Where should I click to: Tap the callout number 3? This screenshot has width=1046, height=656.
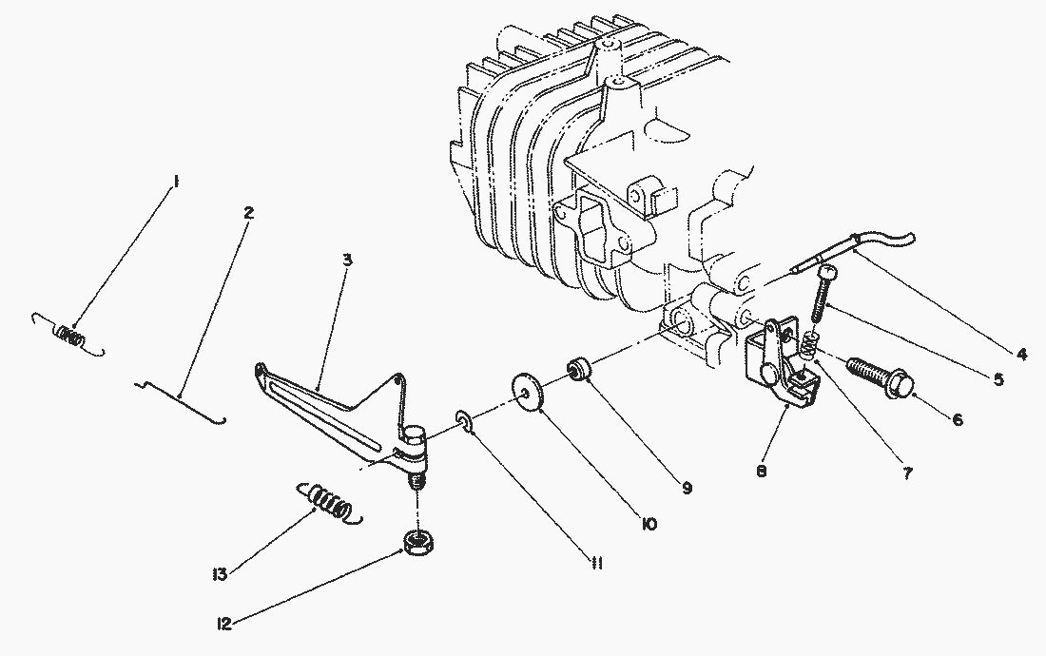pos(347,260)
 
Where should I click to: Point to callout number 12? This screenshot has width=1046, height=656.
pos(224,624)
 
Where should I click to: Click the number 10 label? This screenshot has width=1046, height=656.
pos(648,524)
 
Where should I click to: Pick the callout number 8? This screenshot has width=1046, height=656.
pos(762,471)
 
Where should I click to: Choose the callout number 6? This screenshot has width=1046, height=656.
pos(958,419)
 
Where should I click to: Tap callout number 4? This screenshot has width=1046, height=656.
pos(1022,355)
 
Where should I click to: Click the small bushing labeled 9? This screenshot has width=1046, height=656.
pos(578,370)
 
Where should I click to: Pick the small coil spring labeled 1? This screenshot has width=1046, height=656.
pos(68,335)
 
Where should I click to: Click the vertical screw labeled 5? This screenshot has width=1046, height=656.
pos(823,294)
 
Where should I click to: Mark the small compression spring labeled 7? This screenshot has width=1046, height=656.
pos(808,342)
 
